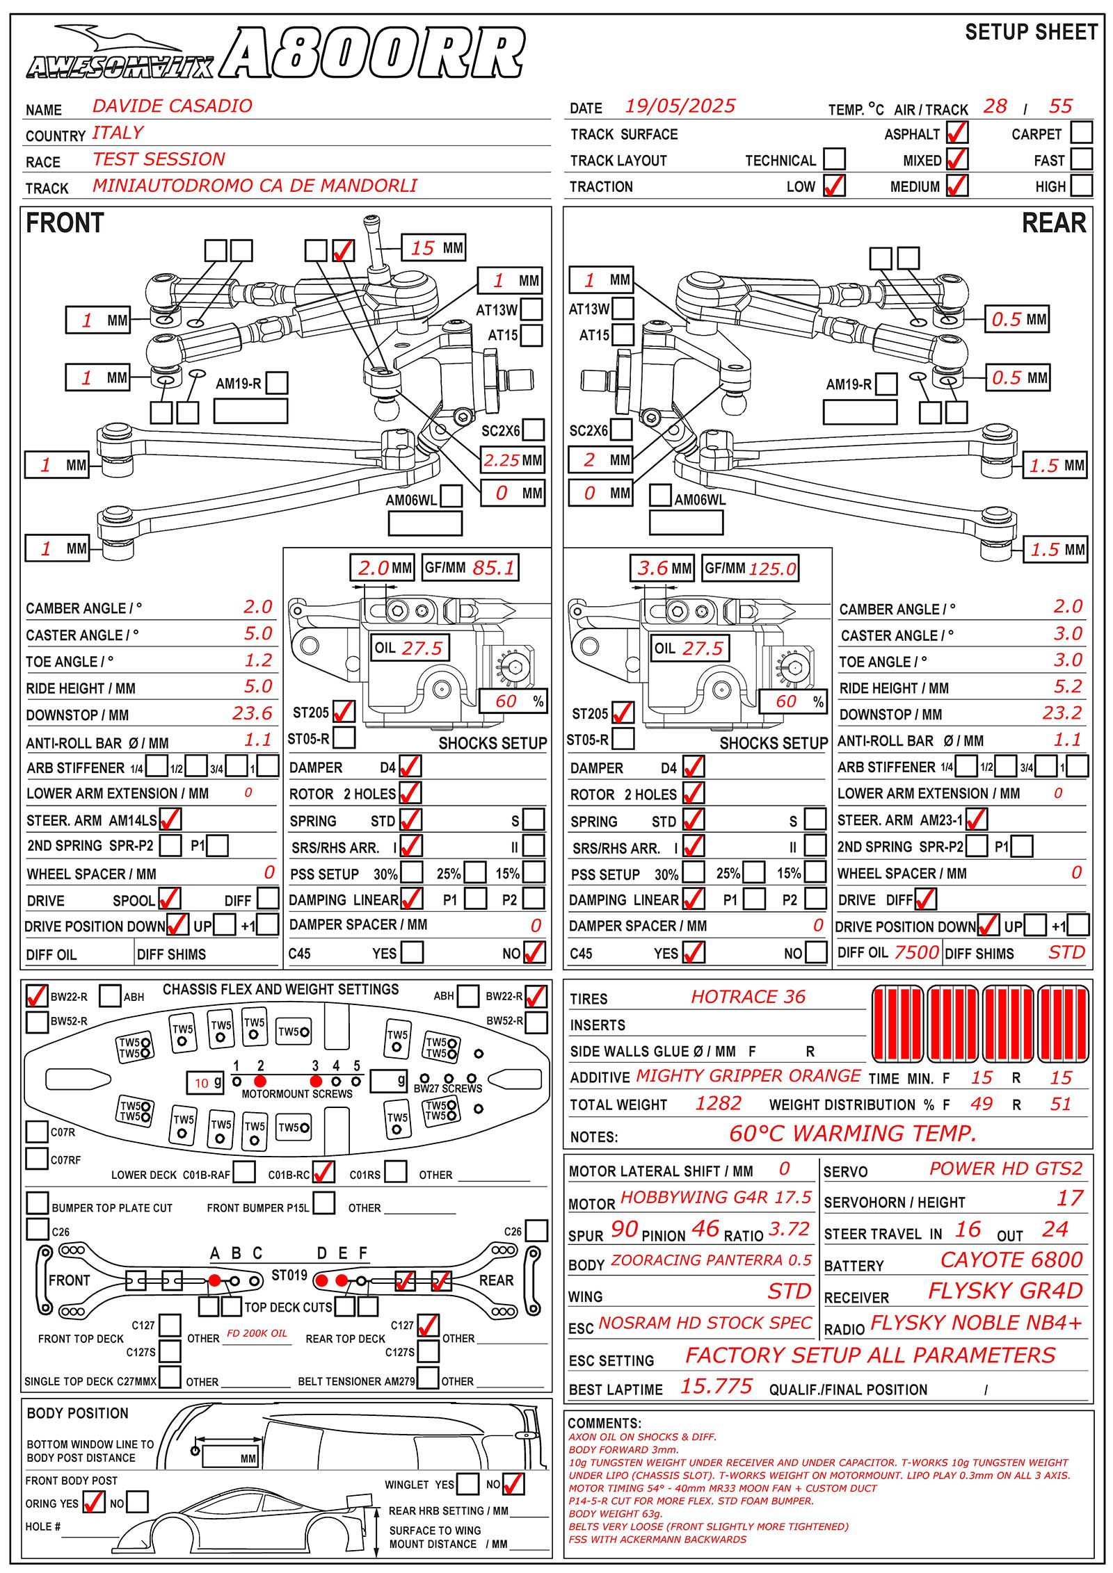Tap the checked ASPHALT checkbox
pos(956,133)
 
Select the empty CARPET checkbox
pos(1081,133)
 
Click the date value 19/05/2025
pos(680,106)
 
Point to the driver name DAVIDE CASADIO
pos(172,106)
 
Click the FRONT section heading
pos(65,223)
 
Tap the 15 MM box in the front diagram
pos(433,248)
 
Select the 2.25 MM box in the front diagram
pos(513,460)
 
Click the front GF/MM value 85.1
pos(493,568)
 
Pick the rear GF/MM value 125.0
pos(772,569)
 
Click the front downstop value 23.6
pos(252,713)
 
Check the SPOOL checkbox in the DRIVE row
pos(169,899)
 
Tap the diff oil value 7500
pos(916,952)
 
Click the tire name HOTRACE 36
pos(748,997)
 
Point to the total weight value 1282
pos(718,1104)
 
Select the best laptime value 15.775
pos(716,1387)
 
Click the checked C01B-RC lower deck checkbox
pos(323,1173)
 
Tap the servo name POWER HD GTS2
pos(1006,1168)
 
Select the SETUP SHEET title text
pos(1031,33)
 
